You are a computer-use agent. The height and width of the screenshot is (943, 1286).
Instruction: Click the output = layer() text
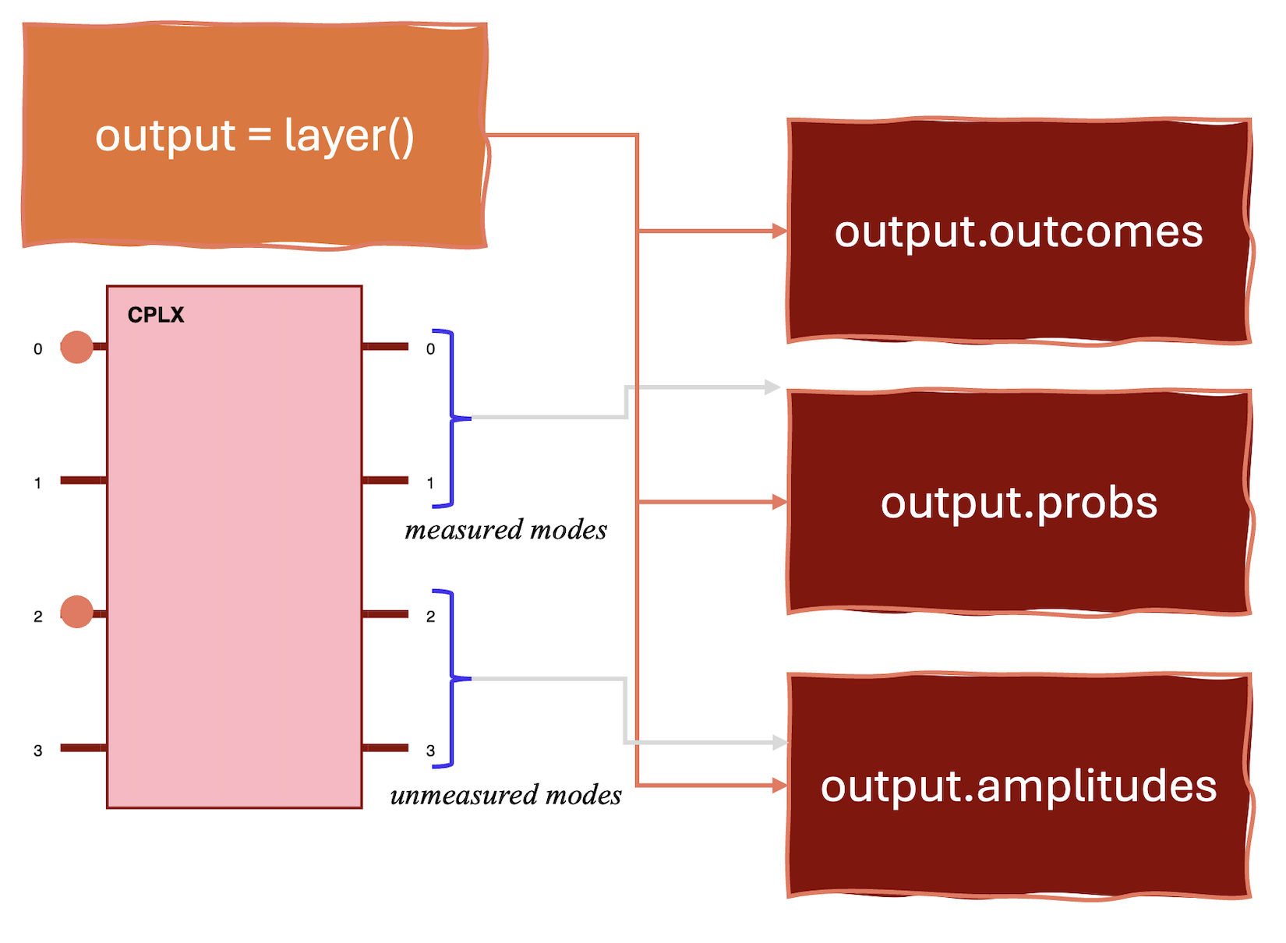pos(254,136)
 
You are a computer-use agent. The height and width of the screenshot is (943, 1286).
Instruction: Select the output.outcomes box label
pos(1019,231)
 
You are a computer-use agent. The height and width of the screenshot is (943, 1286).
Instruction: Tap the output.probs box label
pos(1019,503)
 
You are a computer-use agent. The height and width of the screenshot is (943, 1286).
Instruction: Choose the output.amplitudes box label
pos(1019,786)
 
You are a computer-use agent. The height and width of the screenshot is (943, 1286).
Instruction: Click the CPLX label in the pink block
pos(156,315)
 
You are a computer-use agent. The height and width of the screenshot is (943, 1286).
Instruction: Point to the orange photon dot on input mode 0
pos(76,347)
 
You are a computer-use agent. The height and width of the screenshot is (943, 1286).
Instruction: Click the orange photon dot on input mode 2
pos(76,612)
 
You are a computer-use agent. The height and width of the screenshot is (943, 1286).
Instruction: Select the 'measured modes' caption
pos(506,530)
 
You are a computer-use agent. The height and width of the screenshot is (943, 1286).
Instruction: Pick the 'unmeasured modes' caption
pos(506,795)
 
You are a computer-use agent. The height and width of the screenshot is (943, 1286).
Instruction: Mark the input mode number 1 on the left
pos(37,483)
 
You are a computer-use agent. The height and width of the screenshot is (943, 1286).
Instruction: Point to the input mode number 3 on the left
pos(37,751)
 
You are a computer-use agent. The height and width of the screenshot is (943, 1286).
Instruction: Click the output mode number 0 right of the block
pos(430,349)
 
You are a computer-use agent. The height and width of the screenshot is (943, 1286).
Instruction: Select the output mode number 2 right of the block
pos(430,616)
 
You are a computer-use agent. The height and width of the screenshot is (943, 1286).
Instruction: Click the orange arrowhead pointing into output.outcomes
pos(779,231)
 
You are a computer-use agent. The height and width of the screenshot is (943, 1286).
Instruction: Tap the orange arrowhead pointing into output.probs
pos(779,502)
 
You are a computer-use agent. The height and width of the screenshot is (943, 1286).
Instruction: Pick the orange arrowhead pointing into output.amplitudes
pos(779,786)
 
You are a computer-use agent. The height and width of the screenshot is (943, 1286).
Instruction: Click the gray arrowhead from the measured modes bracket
pos(772,387)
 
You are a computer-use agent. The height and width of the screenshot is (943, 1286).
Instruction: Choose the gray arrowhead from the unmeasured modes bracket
pos(779,743)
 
